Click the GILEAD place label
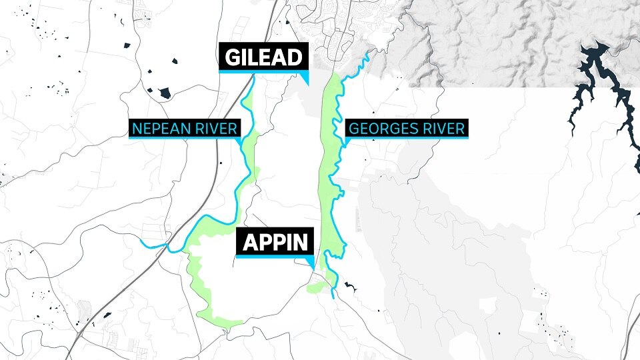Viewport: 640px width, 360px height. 263,57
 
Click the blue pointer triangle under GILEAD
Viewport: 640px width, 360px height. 305,77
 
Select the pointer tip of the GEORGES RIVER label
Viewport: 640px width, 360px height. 347,145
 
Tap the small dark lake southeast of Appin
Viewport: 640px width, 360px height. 349,287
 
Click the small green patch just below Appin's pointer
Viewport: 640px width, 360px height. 318,287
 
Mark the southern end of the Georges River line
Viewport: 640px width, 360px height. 333,297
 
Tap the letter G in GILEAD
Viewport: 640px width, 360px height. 231,57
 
